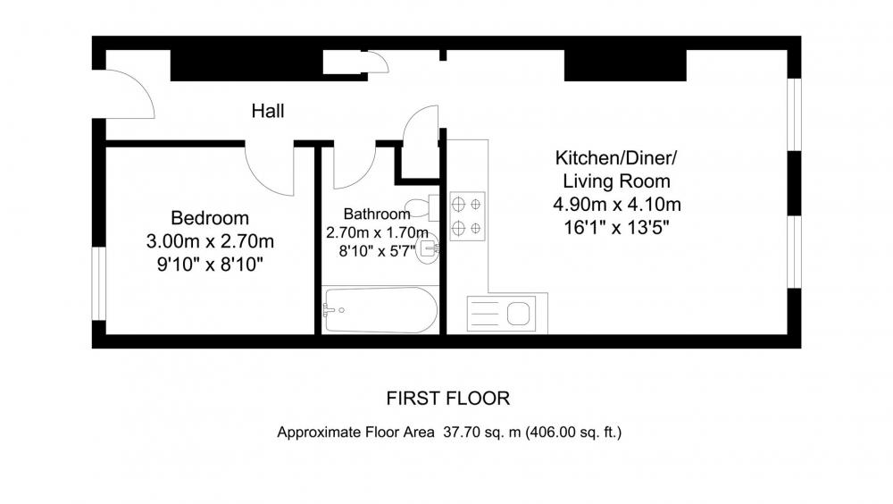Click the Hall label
[268, 111]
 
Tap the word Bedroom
[210, 218]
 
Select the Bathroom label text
[377, 214]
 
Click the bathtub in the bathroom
[380, 309]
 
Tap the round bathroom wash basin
[427, 248]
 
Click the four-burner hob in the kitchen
[467, 216]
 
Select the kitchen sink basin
[518, 313]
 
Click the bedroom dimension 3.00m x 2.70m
[210, 241]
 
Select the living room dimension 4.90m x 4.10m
[617, 204]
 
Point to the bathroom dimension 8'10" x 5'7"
[377, 251]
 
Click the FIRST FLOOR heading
[447, 398]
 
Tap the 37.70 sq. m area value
[482, 433]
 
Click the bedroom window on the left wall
[98, 283]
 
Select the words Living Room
[616, 181]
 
